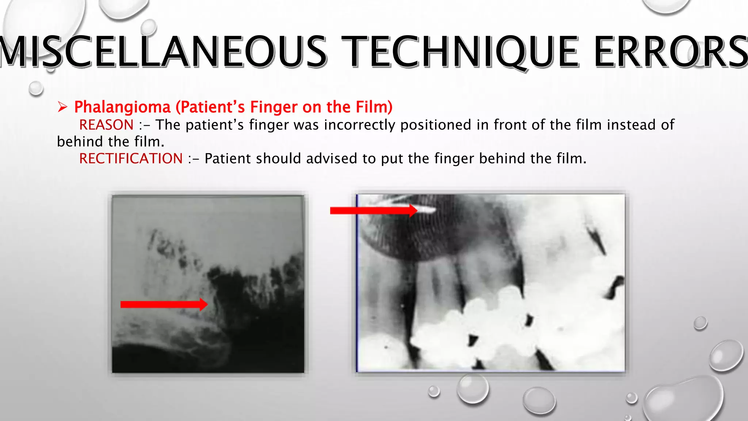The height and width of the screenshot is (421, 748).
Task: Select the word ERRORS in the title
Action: [x=671, y=52]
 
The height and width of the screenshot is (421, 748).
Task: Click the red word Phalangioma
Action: [x=122, y=107]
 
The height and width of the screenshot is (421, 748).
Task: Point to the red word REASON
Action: [x=106, y=125]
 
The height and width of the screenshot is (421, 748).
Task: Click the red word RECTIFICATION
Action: [x=131, y=159]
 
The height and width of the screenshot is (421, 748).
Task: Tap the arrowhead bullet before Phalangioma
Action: [x=62, y=107]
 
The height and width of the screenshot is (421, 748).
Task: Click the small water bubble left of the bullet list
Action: [x=36, y=88]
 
